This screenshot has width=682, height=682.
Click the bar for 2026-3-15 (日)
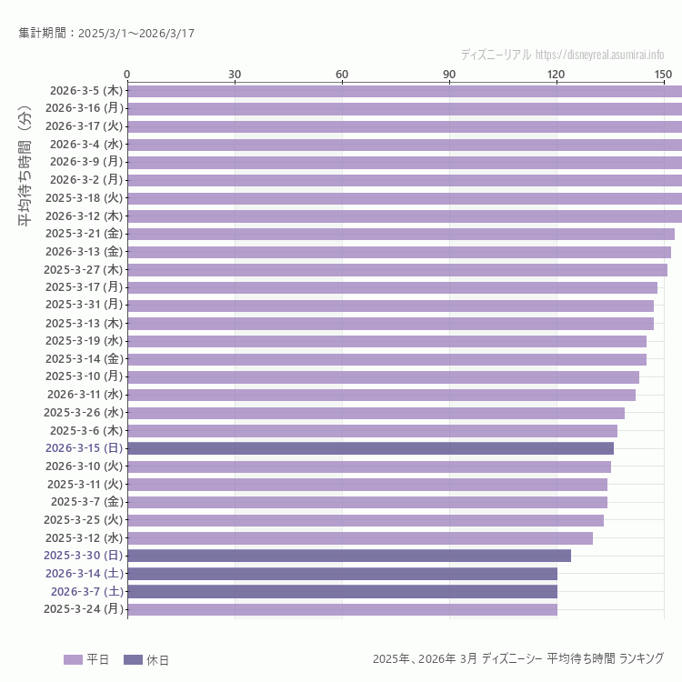[370, 448]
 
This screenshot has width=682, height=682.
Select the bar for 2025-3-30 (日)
[349, 556]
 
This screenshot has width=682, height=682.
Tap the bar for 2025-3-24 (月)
[342, 609]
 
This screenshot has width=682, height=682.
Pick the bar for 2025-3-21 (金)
[400, 234]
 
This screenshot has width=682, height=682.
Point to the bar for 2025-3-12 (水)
[360, 537]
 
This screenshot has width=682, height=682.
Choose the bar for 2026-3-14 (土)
[342, 574]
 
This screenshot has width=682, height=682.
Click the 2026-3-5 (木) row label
[86, 91]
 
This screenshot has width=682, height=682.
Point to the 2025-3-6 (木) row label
[86, 430]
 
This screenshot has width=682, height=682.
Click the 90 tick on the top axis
[449, 74]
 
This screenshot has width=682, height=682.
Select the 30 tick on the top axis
[235, 74]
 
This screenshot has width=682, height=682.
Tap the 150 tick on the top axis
[664, 74]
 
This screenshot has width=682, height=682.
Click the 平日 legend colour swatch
[73, 659]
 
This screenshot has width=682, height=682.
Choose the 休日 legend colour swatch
[133, 659]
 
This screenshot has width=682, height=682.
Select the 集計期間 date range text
[106, 34]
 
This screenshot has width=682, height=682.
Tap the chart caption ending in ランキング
[517, 658]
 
